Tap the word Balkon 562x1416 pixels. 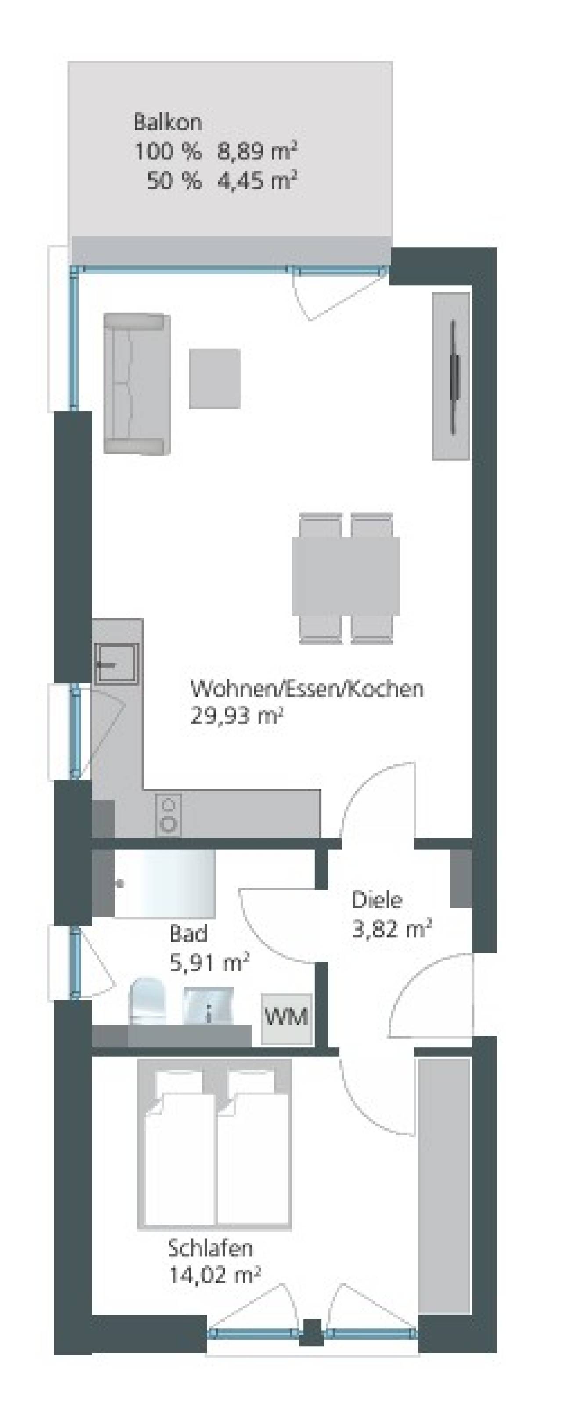pyautogui.click(x=168, y=122)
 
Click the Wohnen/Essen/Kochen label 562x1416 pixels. pyautogui.click(x=307, y=689)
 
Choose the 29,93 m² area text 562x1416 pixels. pyautogui.click(x=237, y=716)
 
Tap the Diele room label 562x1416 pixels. pyautogui.click(x=377, y=900)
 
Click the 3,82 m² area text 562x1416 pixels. pyautogui.click(x=391, y=928)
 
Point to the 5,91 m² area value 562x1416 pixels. pyautogui.click(x=209, y=963)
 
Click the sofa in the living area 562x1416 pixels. pyautogui.click(x=137, y=383)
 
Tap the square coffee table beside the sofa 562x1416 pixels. pyautogui.click(x=214, y=378)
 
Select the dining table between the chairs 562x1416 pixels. pyautogui.click(x=346, y=577)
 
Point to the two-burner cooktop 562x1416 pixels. pyautogui.click(x=168, y=814)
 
